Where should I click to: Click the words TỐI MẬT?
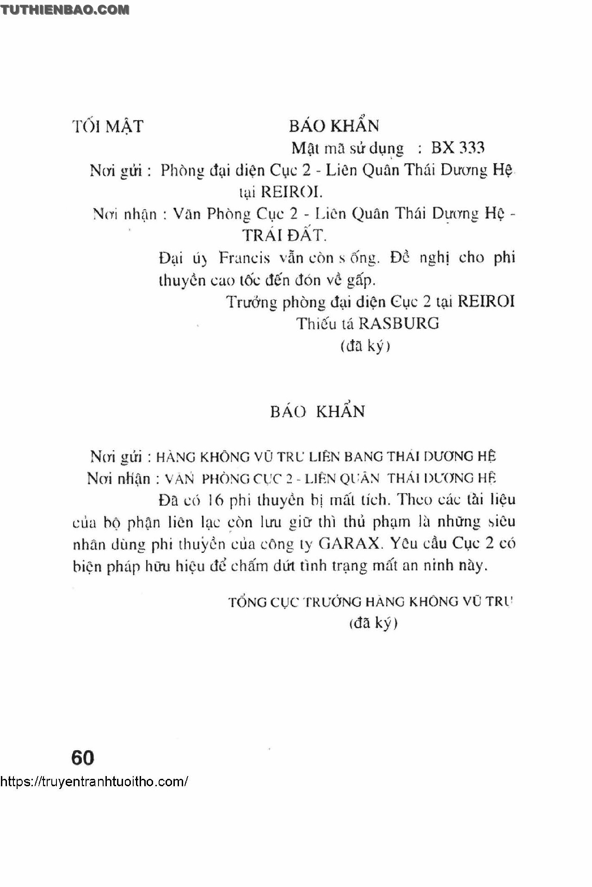108,127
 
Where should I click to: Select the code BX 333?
457,148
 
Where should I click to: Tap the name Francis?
244,258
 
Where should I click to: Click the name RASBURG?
399,324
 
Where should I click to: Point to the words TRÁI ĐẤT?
284,236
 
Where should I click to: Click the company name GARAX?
349,544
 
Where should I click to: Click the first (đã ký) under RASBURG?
365,346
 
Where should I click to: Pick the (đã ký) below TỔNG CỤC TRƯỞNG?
373,623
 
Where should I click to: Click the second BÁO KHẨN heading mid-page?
318,411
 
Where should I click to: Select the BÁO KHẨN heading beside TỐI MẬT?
334,126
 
